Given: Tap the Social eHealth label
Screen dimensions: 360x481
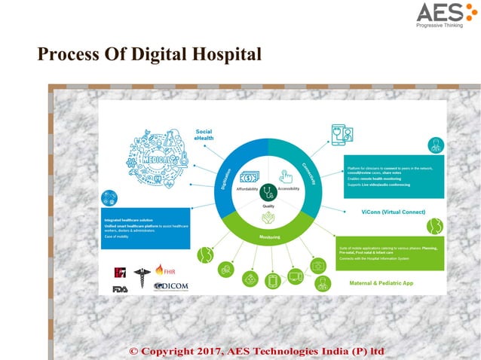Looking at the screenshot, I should pos(204,134).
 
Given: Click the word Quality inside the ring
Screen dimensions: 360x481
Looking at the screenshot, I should pos(268,206).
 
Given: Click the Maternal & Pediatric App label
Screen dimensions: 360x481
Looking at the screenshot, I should pos(381,283).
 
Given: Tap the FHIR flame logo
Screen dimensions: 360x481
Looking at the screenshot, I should pos(164,270).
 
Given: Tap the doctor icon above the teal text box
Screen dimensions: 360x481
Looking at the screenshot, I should pos(436,145).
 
